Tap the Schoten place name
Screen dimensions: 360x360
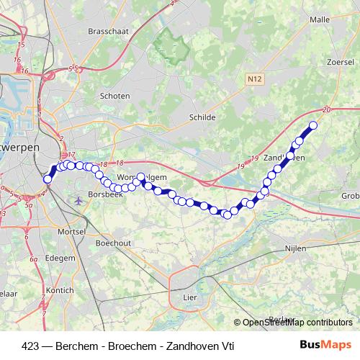point(115,96)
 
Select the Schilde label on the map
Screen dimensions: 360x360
point(202,116)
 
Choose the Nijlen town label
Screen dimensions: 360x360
point(295,248)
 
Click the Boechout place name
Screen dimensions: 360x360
point(113,243)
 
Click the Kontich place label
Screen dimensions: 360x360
point(59,290)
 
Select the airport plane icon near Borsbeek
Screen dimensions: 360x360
point(78,199)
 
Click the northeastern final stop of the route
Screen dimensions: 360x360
point(313,126)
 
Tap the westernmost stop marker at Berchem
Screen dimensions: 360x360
point(48,179)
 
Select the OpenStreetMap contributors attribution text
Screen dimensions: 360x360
point(296,323)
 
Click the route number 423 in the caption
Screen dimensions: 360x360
point(30,346)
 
